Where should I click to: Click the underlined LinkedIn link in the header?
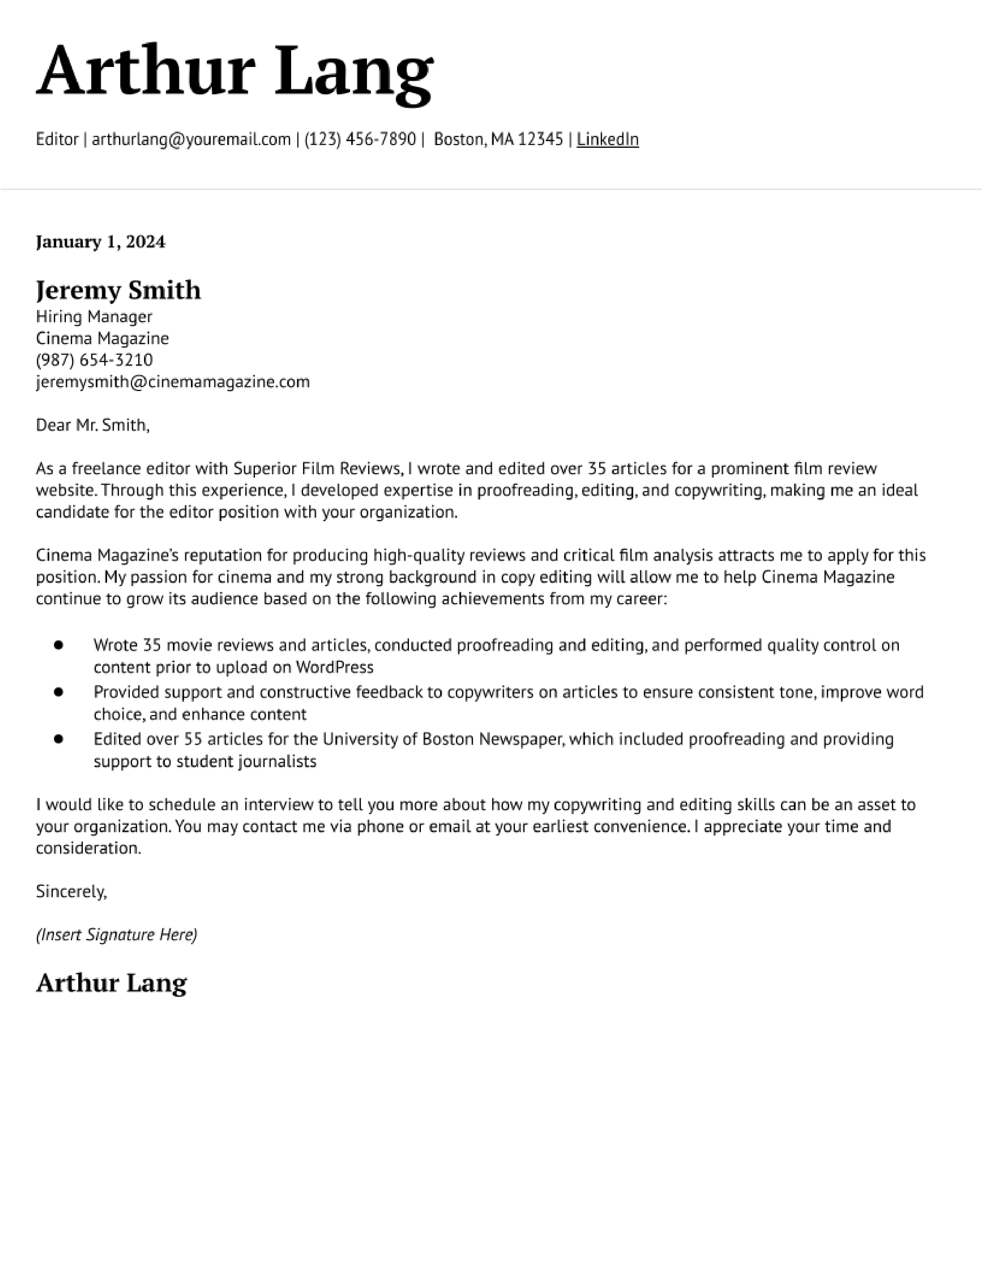coord(607,140)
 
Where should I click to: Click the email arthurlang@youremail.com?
coord(191,140)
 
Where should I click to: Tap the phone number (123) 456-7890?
coord(360,140)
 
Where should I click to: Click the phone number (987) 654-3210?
coord(94,360)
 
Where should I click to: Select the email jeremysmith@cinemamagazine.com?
coord(173,382)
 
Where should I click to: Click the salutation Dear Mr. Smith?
coord(92,425)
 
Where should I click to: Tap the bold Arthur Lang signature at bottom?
coord(111,983)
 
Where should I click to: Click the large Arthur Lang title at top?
coord(235,73)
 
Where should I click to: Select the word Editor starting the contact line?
coord(57,140)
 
